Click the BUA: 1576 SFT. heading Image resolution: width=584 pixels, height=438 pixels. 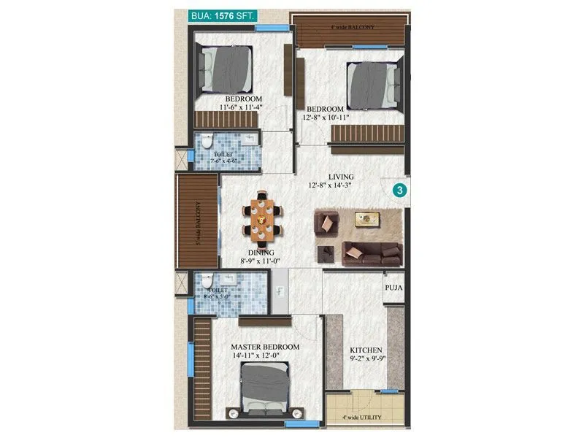(219, 15)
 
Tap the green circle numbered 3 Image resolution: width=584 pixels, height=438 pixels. (400, 190)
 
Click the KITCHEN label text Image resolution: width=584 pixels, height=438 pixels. (366, 350)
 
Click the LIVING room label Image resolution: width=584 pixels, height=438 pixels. (341, 177)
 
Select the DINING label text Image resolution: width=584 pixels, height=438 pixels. (261, 253)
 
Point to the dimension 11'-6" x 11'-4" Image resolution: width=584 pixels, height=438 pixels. (241, 107)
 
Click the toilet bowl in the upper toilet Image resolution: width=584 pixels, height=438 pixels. (207, 139)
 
